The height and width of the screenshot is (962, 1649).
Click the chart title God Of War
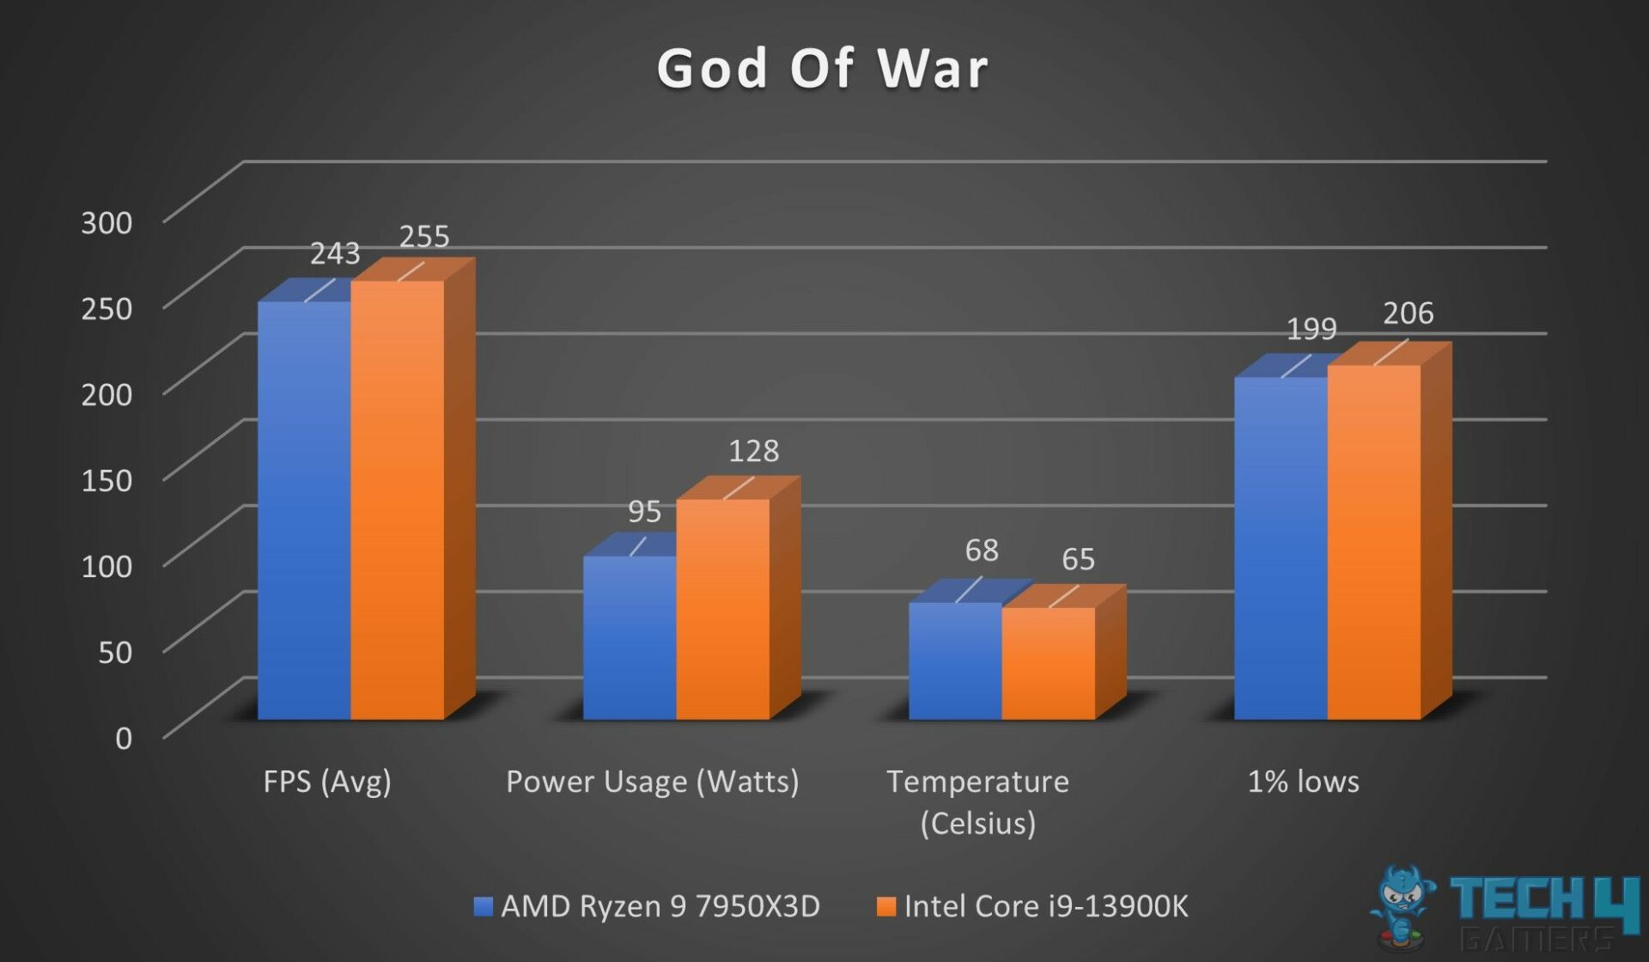[x=823, y=69]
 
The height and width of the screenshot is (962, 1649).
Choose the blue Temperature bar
[x=955, y=661]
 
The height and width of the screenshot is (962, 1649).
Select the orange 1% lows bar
[x=1373, y=542]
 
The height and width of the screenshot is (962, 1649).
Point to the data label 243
[x=334, y=253]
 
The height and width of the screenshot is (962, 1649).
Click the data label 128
[x=753, y=451]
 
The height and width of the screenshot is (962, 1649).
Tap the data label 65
[x=1078, y=559]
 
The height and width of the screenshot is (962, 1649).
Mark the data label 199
[x=1311, y=328]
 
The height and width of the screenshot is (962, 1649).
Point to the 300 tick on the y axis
[x=106, y=222]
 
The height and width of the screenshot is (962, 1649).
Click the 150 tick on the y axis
[x=106, y=480]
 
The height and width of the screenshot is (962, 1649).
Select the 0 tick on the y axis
[x=124, y=738]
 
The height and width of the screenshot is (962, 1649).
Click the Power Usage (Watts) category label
[x=652, y=782]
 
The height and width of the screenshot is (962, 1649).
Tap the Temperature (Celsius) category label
[x=977, y=801]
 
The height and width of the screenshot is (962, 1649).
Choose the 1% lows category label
[x=1303, y=782]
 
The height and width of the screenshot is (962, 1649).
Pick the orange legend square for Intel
[x=885, y=906]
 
